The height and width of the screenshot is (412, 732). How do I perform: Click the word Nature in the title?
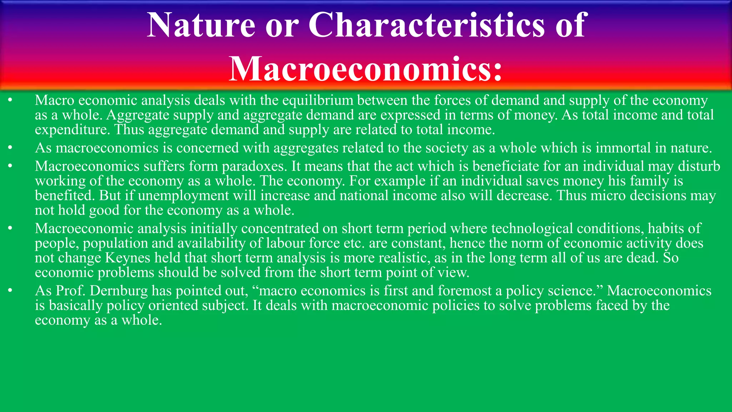pyautogui.click(x=201, y=25)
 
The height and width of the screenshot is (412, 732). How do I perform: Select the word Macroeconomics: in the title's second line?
pyautogui.click(x=365, y=69)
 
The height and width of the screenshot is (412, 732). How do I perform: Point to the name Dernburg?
pyautogui.click(x=119, y=291)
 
